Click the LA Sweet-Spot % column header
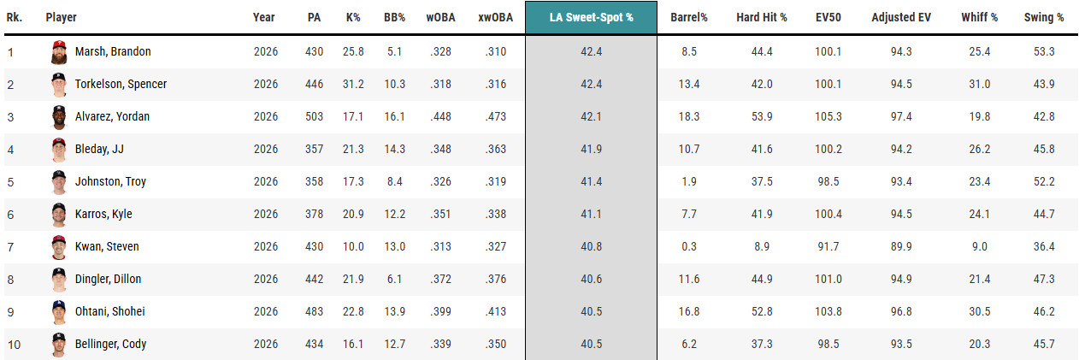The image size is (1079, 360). [591, 18]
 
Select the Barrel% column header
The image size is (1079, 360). [689, 17]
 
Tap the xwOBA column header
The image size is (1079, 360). [495, 17]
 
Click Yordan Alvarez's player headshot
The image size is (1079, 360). [59, 117]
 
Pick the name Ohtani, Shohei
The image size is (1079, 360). [109, 311]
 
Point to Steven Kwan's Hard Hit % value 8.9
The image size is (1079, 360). [762, 246]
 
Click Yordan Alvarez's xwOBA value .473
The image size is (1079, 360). [496, 116]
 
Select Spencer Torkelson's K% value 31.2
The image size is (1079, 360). [353, 84]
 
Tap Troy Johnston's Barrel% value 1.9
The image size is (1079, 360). [689, 181]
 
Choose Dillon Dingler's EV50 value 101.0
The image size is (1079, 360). [828, 279]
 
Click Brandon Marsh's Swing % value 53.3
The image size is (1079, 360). [1044, 51]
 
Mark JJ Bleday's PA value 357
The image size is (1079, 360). [314, 149]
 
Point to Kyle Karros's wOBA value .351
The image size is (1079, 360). [440, 214]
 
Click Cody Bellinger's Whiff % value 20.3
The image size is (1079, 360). [979, 344]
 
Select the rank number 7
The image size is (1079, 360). [10, 247]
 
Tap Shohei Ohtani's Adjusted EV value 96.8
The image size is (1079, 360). [901, 311]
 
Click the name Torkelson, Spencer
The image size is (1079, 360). [121, 84]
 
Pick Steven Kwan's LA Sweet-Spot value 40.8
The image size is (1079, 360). [591, 246]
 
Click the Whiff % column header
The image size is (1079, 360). [979, 17]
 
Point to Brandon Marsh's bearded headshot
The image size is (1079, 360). [59, 52]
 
